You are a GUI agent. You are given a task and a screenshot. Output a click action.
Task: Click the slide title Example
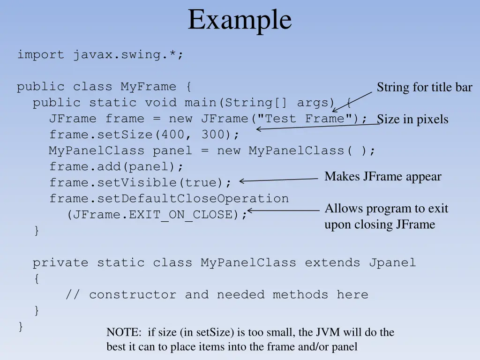(x=240, y=20)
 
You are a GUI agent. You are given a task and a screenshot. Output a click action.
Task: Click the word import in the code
(x=40, y=54)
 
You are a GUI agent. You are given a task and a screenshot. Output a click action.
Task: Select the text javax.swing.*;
(x=128, y=55)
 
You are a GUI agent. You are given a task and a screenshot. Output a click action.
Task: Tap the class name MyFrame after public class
(x=148, y=87)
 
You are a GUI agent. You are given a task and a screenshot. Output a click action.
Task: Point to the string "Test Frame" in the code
(x=305, y=118)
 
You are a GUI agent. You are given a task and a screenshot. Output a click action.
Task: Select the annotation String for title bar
(x=424, y=87)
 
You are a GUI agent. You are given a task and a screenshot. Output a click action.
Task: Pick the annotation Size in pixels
(x=412, y=120)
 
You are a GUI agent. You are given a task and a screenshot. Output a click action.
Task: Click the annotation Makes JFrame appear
(x=383, y=177)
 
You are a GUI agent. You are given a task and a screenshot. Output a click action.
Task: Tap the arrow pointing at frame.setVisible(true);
(x=278, y=180)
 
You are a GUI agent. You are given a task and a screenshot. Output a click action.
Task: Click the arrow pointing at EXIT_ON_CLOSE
(x=283, y=210)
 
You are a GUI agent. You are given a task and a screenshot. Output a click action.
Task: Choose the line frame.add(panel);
(x=116, y=166)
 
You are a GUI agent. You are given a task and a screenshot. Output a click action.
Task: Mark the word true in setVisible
(x=200, y=183)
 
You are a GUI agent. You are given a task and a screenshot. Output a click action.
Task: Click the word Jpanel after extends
(x=392, y=263)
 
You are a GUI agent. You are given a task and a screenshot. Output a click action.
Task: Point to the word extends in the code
(x=332, y=262)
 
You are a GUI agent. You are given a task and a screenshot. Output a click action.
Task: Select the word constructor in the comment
(x=133, y=294)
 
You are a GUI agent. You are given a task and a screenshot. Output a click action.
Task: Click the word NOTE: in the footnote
(x=124, y=332)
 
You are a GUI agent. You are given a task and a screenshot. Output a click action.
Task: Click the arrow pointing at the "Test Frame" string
(x=352, y=102)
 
